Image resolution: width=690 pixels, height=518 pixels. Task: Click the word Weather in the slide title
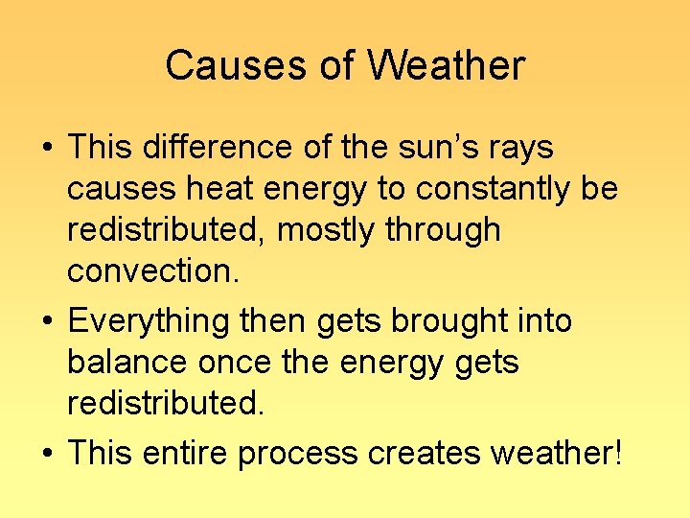[446, 66]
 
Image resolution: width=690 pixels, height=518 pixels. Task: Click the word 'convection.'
[152, 271]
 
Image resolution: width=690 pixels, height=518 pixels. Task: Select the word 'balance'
[127, 362]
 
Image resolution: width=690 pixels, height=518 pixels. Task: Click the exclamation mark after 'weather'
[616, 452]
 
